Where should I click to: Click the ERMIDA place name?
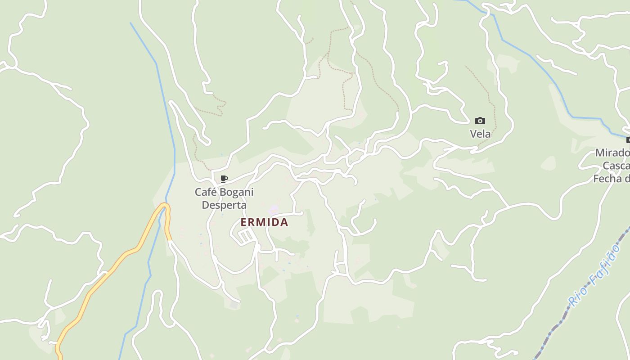tap(264, 222)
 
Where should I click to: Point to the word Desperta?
tap(224, 205)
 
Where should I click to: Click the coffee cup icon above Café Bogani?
tap(224, 179)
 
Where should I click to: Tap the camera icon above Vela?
tap(480, 121)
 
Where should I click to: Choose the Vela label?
tap(480, 134)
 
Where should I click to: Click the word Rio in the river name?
tap(577, 296)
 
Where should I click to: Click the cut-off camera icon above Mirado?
tap(628, 140)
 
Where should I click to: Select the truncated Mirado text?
tap(612, 153)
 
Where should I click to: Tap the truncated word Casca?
tap(616, 166)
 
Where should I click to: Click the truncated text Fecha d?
tap(611, 179)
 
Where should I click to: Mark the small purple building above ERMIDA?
tap(273, 210)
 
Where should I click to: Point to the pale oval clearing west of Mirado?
tap(548, 163)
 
